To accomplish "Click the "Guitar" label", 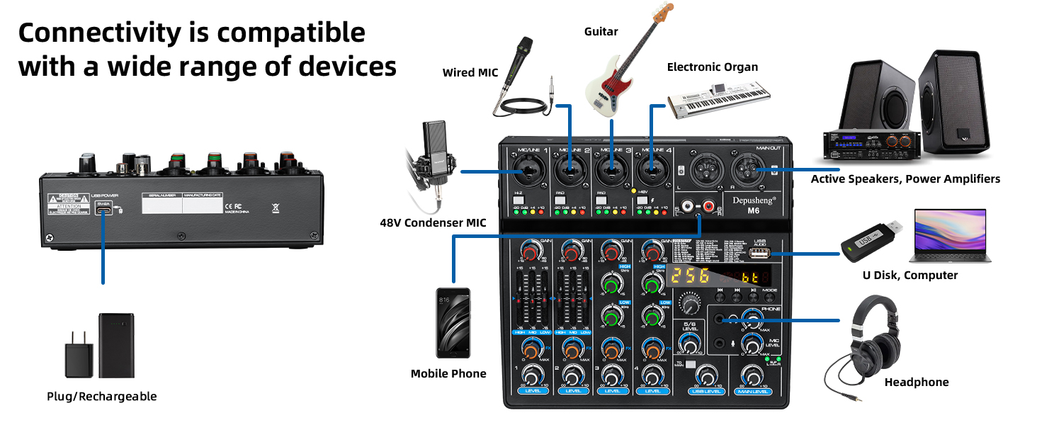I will pyautogui.click(x=601, y=32).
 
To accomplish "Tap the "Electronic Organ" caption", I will pyautogui.click(x=712, y=67).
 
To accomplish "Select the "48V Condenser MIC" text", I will pyautogui.click(x=433, y=223).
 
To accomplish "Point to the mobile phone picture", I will pyautogui.click(x=453, y=323).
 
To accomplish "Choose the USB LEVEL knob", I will pyautogui.click(x=705, y=376).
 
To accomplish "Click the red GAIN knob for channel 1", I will pyautogui.click(x=529, y=250).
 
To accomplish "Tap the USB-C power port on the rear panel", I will pyautogui.click(x=103, y=210).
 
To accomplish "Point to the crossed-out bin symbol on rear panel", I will pyautogui.click(x=276, y=208).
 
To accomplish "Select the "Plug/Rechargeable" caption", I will pyautogui.click(x=101, y=396).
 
